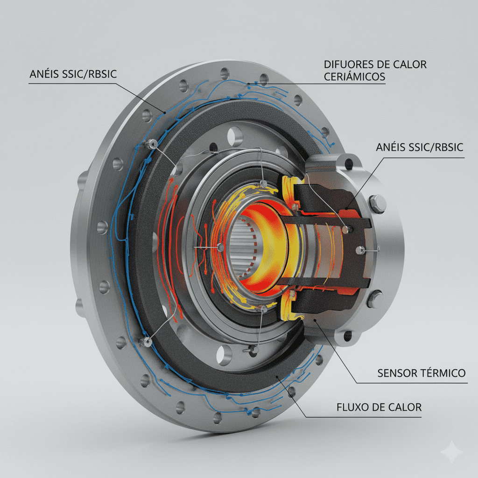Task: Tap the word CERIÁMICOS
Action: point(354,77)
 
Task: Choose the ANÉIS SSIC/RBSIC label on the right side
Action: point(419,147)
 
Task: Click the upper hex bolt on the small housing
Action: point(378,204)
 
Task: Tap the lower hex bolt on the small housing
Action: point(375,299)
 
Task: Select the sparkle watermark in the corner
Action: point(452,452)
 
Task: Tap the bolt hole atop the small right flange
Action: point(348,163)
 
